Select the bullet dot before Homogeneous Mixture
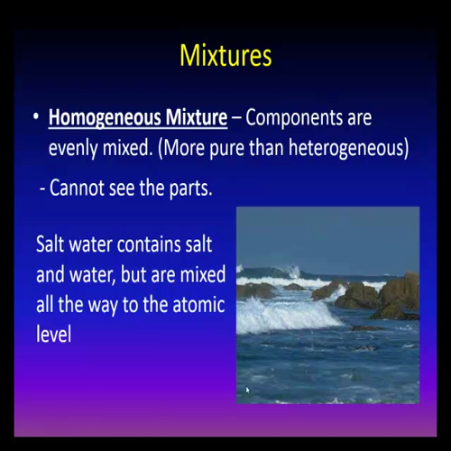click(x=34, y=118)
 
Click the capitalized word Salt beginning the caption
click(x=52, y=244)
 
